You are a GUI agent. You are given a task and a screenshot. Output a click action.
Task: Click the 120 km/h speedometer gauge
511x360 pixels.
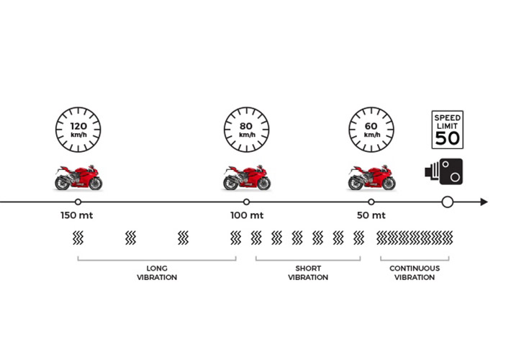pyautogui.click(x=78, y=130)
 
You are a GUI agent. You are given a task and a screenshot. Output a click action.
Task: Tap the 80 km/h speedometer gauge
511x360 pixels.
pyautogui.click(x=247, y=130)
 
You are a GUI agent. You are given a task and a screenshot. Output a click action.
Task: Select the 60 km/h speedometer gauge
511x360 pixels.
pyautogui.click(x=371, y=130)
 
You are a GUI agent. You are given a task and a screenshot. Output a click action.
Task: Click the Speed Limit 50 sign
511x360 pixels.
pyautogui.click(x=448, y=130)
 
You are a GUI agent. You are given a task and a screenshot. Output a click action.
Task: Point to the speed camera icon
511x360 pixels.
pyautogui.click(x=444, y=171)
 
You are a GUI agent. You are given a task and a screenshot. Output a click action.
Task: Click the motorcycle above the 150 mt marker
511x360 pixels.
pyautogui.click(x=78, y=178)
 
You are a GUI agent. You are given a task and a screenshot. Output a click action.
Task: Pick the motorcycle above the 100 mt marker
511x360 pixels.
pyautogui.click(x=247, y=178)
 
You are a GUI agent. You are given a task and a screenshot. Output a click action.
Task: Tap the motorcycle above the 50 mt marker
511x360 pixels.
pyautogui.click(x=371, y=178)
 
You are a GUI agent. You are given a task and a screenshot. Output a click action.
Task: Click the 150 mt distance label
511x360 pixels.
pyautogui.click(x=77, y=215)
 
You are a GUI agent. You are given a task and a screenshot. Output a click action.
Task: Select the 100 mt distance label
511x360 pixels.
pyautogui.click(x=247, y=215)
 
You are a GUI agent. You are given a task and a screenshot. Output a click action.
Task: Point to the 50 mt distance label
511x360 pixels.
pyautogui.click(x=371, y=215)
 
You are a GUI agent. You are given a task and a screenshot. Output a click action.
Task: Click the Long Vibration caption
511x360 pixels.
pyautogui.click(x=157, y=273)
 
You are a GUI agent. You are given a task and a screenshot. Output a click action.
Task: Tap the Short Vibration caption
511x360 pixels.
pyautogui.click(x=308, y=273)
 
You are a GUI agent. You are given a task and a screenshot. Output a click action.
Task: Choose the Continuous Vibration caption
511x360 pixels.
pyautogui.click(x=415, y=273)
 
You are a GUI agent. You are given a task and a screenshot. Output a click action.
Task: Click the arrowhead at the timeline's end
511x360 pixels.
pyautogui.click(x=484, y=202)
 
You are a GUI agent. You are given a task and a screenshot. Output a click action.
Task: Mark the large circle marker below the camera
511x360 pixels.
pyautogui.click(x=448, y=202)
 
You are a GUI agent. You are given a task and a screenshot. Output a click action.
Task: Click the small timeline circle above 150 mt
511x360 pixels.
pyautogui.click(x=78, y=202)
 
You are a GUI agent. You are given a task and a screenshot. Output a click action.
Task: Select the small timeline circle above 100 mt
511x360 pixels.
pyautogui.click(x=246, y=202)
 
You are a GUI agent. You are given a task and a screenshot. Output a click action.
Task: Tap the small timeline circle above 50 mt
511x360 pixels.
pyautogui.click(x=371, y=202)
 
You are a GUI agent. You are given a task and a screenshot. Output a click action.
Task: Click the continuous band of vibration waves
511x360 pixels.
pyautogui.click(x=415, y=238)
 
